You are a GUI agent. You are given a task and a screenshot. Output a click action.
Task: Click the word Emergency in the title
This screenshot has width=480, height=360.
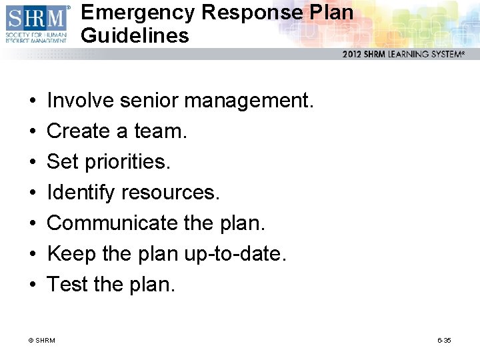click(137, 12)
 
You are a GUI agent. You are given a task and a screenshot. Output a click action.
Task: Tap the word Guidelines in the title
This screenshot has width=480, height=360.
click(135, 35)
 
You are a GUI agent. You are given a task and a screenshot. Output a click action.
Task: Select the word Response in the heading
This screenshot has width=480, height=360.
click(251, 12)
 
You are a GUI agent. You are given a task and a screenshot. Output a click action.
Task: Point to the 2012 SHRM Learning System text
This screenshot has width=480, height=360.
click(403, 55)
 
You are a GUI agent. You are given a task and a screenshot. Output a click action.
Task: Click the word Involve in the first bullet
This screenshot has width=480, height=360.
click(81, 101)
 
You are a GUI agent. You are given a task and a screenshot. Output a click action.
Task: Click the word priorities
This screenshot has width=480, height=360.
click(130, 162)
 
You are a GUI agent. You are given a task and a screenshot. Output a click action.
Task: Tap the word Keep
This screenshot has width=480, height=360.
click(67, 254)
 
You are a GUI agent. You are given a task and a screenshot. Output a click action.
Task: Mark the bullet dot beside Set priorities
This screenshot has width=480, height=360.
click(33, 162)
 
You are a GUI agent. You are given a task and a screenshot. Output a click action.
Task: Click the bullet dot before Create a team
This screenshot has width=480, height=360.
click(33, 131)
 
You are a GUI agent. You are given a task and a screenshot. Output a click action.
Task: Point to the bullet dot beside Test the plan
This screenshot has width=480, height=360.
click(33, 285)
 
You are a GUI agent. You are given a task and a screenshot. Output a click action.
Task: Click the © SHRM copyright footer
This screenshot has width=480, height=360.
click(42, 341)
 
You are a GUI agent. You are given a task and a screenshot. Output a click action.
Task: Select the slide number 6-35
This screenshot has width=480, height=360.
click(444, 341)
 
